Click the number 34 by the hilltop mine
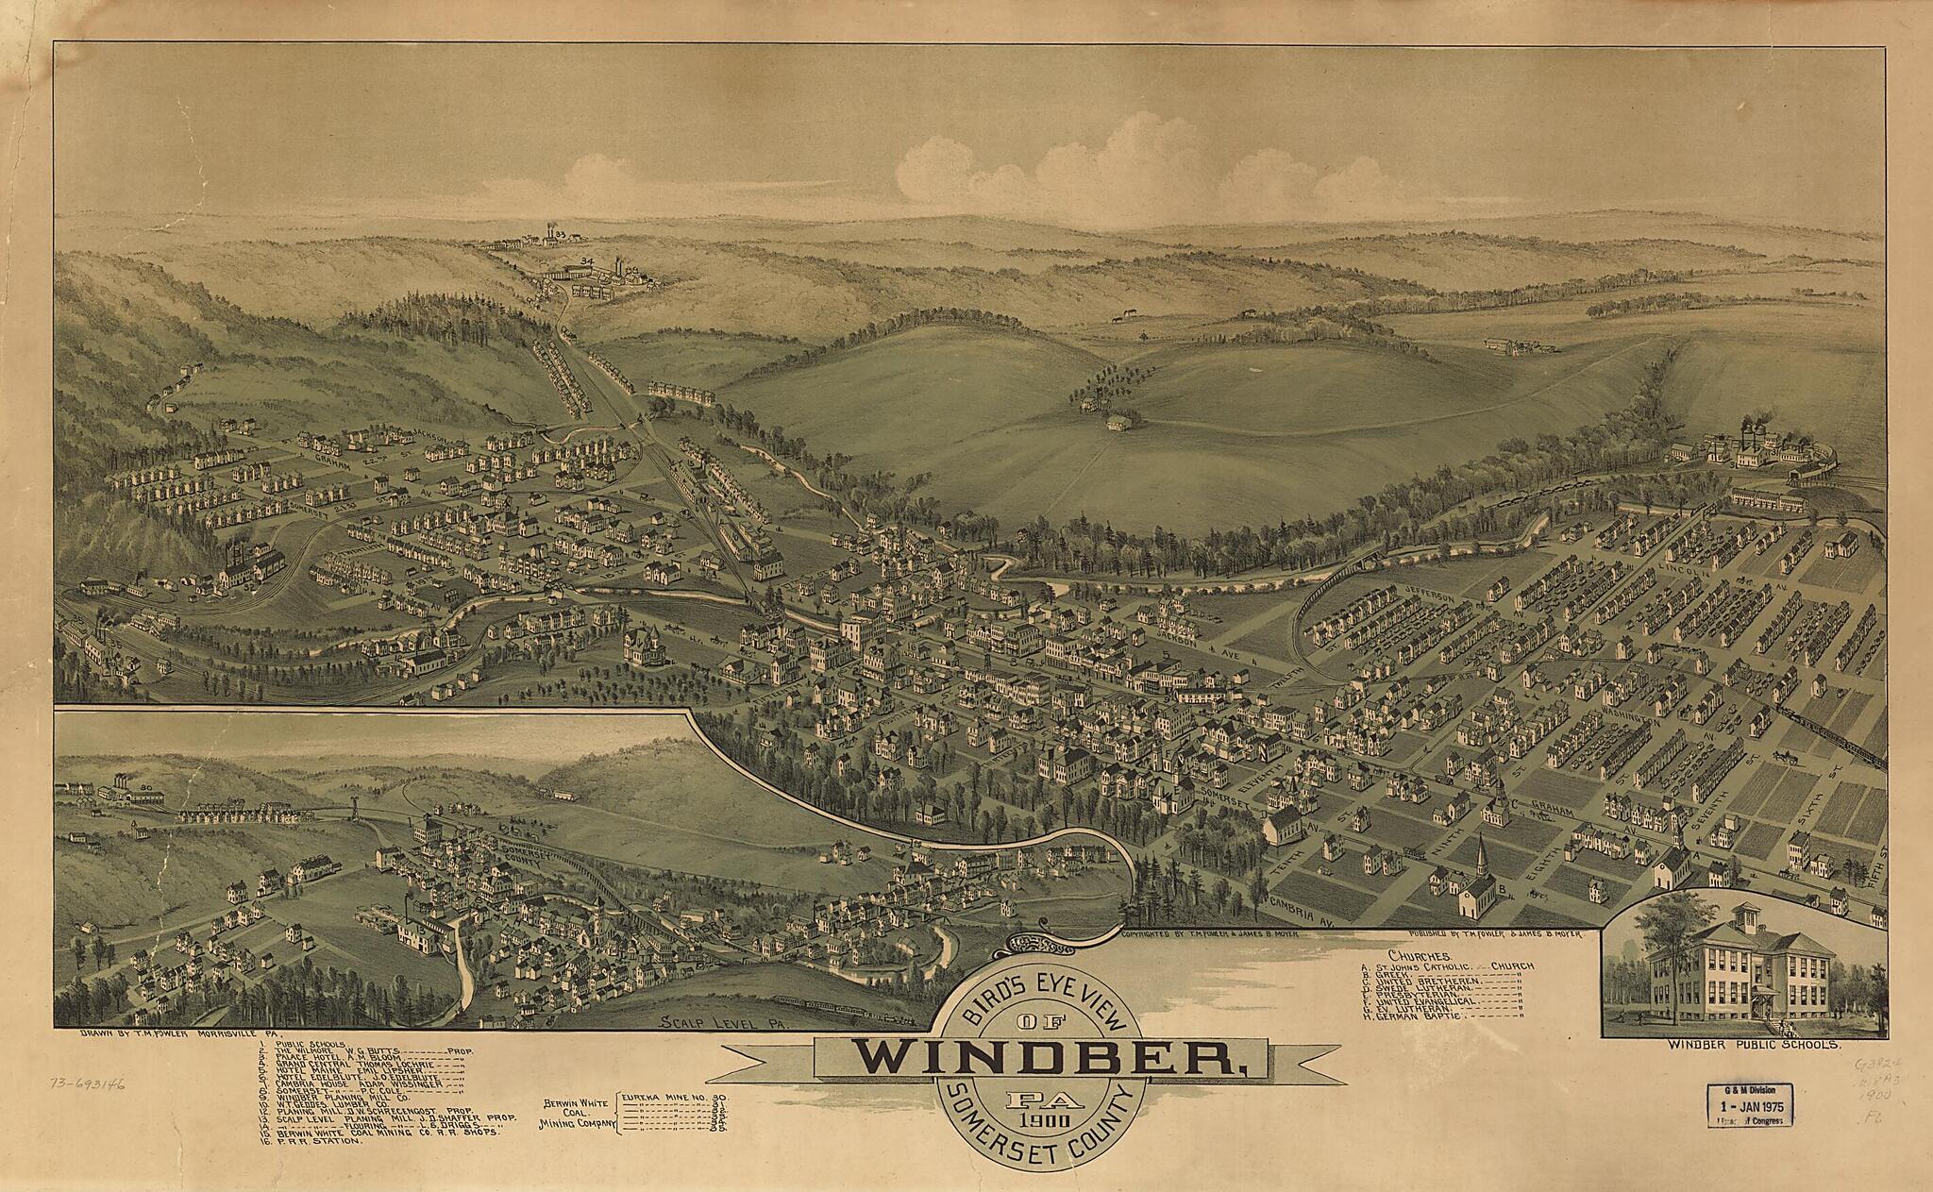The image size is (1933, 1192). (587, 260)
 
